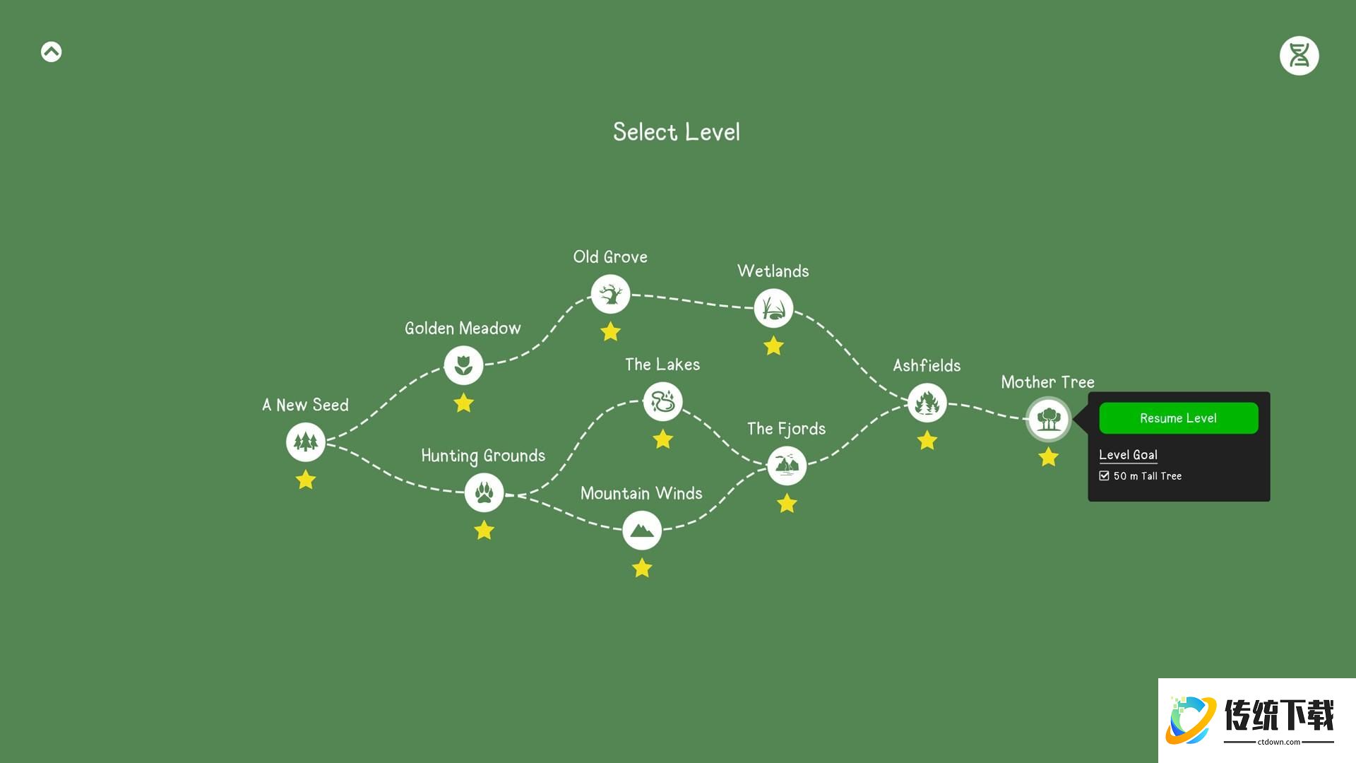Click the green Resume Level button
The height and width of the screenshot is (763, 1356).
click(1179, 418)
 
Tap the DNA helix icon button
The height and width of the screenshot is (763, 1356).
click(1299, 56)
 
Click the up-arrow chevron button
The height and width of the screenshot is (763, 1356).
click(52, 52)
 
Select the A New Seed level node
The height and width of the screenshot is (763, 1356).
click(306, 442)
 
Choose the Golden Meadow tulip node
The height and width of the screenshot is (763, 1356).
click(463, 365)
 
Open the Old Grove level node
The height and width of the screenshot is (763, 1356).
click(610, 294)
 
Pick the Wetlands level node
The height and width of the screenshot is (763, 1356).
click(773, 308)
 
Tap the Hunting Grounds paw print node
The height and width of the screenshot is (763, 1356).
click(484, 492)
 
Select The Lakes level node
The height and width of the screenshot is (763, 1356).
click(662, 401)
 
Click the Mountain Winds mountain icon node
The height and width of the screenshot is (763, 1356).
click(642, 530)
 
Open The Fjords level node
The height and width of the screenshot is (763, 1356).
click(787, 466)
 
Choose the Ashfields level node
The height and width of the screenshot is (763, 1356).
click(927, 403)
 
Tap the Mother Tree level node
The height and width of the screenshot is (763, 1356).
click(1049, 419)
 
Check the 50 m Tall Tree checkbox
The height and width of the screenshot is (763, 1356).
click(1104, 476)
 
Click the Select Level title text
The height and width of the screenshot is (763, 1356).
click(677, 132)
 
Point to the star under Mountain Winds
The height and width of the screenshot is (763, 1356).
click(642, 568)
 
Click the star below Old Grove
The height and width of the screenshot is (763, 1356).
click(610, 331)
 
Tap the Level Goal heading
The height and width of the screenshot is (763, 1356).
click(1128, 455)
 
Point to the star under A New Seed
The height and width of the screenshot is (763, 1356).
click(306, 480)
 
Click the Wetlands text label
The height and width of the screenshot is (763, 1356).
click(773, 271)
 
